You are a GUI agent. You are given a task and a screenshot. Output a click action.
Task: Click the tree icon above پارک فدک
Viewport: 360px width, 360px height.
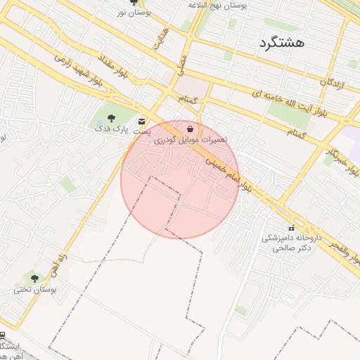tap(111, 118)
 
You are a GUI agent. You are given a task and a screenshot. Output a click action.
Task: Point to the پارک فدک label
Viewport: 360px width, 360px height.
tap(112, 129)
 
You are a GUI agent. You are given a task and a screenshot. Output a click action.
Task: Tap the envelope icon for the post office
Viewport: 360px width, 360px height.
tap(143, 121)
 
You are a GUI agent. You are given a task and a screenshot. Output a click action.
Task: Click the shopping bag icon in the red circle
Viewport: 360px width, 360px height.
tap(191, 129)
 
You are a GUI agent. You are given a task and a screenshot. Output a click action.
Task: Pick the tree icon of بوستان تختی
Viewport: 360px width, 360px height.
tap(34, 278)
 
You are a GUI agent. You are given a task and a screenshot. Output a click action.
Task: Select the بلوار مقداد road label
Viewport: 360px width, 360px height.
tap(112, 67)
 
